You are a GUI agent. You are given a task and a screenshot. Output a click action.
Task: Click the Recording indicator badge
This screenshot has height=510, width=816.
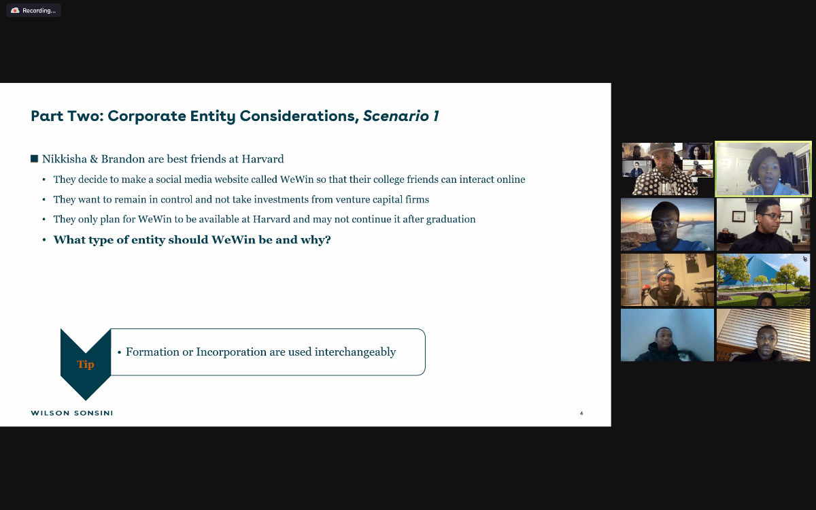(x=33, y=10)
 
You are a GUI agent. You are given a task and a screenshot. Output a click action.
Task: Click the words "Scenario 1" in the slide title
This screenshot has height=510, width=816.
(x=401, y=116)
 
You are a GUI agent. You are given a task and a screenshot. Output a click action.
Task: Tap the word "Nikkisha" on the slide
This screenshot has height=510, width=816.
(x=64, y=159)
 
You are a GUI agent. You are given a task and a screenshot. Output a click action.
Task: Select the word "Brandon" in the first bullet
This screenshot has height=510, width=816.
(x=123, y=159)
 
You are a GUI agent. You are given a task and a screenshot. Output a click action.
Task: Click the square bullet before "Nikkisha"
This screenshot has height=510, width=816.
(x=34, y=158)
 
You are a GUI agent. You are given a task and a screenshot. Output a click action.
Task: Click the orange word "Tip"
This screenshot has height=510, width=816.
(x=86, y=364)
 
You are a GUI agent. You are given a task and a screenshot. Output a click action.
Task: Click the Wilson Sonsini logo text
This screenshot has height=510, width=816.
(x=72, y=413)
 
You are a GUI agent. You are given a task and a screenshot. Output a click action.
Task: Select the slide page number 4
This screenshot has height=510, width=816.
(x=581, y=413)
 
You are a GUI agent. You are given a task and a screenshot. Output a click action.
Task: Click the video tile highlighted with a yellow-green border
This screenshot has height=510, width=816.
(x=763, y=169)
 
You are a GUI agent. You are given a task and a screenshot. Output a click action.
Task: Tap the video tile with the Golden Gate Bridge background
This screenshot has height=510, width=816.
(x=667, y=224)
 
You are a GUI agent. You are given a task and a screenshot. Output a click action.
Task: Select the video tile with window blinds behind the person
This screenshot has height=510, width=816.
(x=763, y=335)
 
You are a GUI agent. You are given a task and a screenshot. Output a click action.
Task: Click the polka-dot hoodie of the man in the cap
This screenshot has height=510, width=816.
(x=666, y=182)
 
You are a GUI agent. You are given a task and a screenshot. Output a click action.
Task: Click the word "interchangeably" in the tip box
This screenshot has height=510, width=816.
(x=355, y=352)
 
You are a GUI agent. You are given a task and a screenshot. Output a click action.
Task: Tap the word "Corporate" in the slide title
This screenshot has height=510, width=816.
(x=146, y=116)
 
